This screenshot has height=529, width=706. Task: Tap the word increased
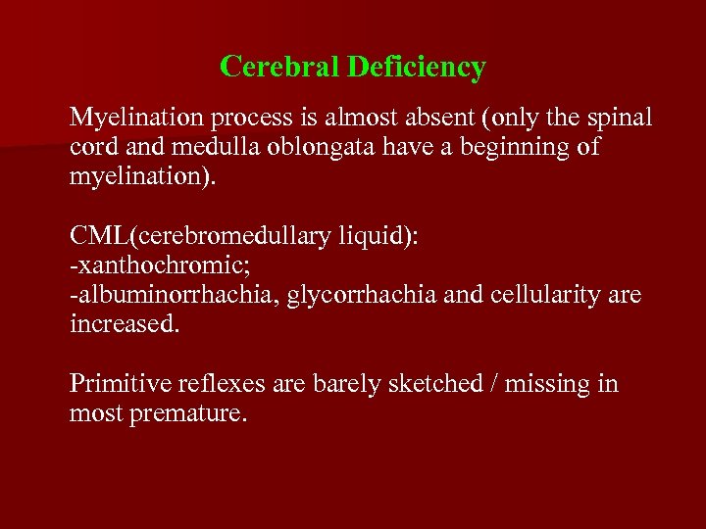click(x=124, y=323)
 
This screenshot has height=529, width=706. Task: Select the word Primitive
click(x=114, y=383)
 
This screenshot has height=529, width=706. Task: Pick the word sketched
click(x=439, y=383)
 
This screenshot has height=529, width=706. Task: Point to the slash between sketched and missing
click(x=507, y=383)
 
